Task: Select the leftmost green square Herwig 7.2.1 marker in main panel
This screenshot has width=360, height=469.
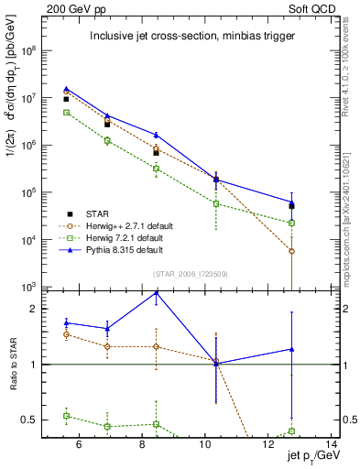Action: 67,112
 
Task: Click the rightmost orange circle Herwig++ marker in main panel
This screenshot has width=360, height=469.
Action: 291,251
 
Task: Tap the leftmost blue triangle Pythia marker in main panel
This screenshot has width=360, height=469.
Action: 67,89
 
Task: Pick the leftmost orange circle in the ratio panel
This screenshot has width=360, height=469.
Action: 67,334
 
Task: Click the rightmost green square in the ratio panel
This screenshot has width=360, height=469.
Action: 291,431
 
